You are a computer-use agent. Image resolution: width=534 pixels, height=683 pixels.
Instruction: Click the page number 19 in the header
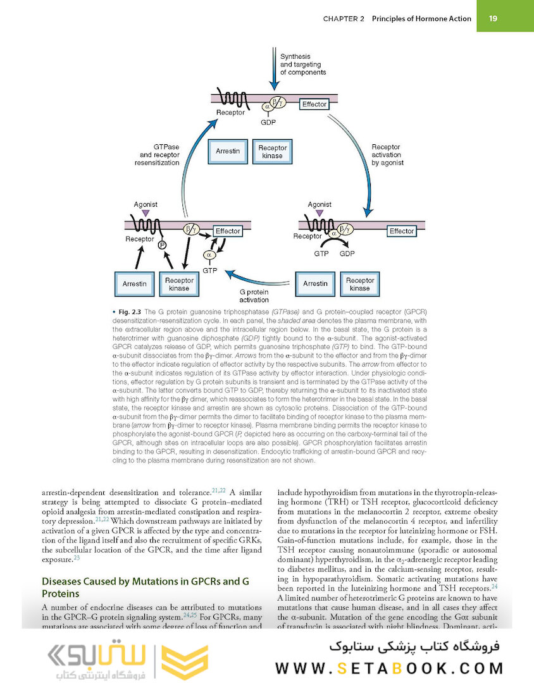click(x=493, y=18)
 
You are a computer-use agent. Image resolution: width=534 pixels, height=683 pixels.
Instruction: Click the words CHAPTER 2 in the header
click(x=344, y=19)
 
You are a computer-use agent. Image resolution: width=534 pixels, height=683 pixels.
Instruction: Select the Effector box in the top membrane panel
click(x=314, y=104)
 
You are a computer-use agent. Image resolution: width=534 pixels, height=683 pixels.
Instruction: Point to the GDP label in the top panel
click(x=268, y=121)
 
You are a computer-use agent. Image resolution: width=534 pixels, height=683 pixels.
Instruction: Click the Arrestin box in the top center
click(x=228, y=152)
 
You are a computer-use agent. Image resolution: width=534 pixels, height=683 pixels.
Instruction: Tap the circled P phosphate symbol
click(x=162, y=245)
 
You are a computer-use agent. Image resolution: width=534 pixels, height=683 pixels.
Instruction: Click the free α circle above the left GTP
click(x=208, y=254)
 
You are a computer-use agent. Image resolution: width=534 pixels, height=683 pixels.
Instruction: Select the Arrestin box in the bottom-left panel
click(x=135, y=284)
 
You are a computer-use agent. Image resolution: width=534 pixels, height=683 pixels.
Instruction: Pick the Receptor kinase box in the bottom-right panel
click(x=360, y=284)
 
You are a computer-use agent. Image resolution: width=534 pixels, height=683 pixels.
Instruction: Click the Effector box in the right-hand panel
click(x=402, y=231)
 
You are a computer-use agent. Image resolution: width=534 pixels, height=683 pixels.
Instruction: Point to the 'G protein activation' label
click(x=254, y=297)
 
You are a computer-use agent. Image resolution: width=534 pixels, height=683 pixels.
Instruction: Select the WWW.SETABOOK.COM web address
click(x=390, y=668)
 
